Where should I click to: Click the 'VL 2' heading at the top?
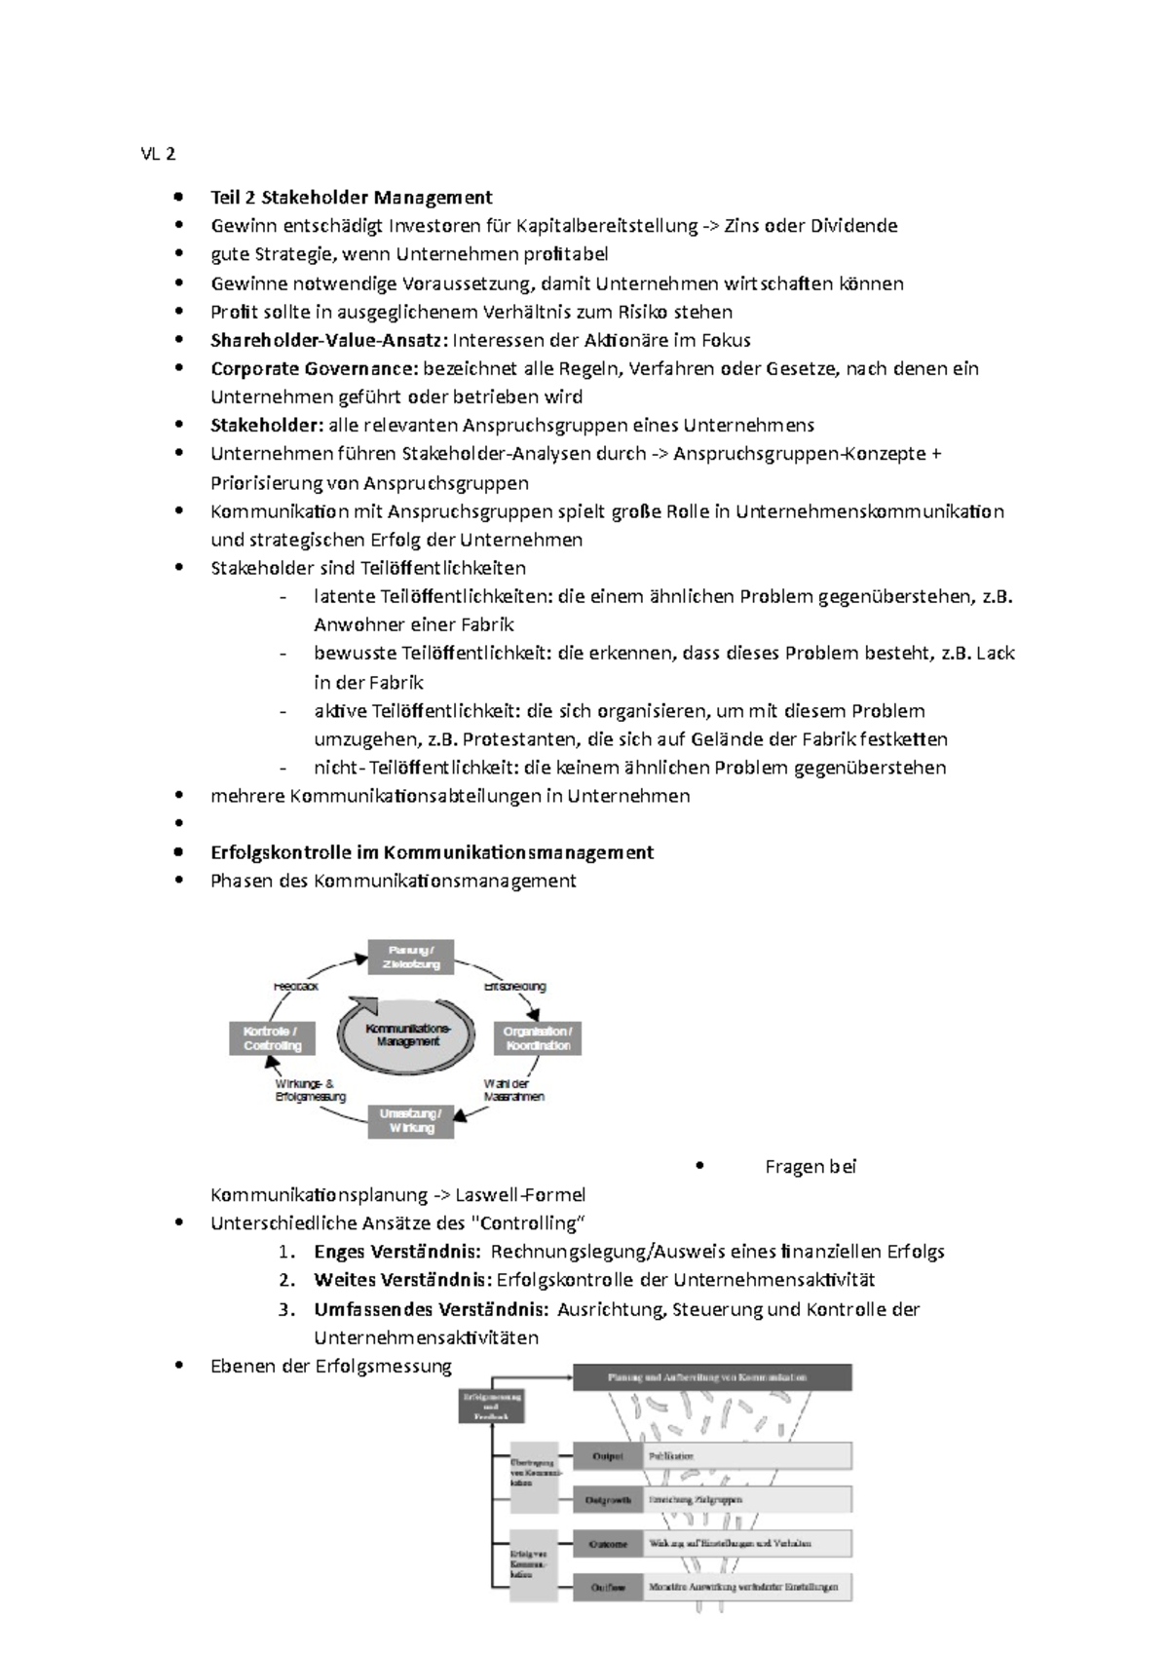(x=158, y=154)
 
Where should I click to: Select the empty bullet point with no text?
(x=177, y=824)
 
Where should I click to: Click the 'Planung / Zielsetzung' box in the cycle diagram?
(x=411, y=957)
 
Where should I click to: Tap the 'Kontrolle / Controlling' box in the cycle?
(x=273, y=1038)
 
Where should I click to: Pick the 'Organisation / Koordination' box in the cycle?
(x=538, y=1038)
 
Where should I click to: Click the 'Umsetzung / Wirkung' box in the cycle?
(x=411, y=1121)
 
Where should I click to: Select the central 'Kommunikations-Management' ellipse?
(x=408, y=1035)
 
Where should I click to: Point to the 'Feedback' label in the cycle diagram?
(x=296, y=986)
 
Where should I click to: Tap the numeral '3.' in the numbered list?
(x=285, y=1309)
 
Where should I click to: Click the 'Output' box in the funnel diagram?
(x=608, y=1456)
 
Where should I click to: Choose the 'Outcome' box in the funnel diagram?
(x=608, y=1544)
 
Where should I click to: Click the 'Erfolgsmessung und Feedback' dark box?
(x=492, y=1407)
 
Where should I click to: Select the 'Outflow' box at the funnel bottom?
(x=608, y=1588)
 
